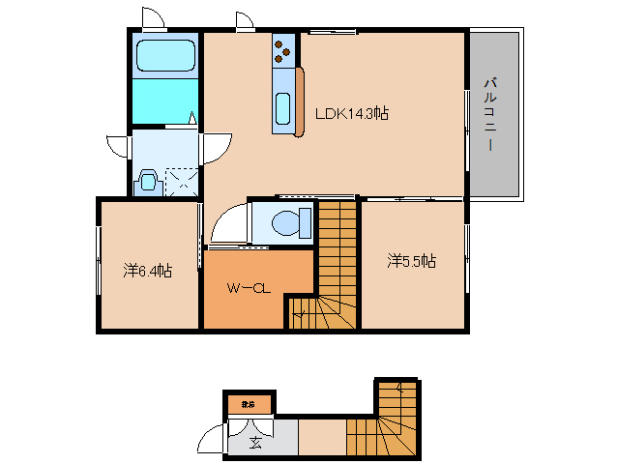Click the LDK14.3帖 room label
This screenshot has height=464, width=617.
[x=352, y=113]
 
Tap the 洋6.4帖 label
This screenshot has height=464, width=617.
[x=148, y=271]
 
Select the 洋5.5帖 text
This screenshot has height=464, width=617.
[x=412, y=261]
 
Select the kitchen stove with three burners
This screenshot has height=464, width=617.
[x=284, y=50]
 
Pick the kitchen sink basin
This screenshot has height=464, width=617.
[x=283, y=108]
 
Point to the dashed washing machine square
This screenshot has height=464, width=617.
[x=181, y=182]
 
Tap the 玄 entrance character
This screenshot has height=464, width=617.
[x=255, y=444]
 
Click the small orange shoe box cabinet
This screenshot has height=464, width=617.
[x=249, y=403]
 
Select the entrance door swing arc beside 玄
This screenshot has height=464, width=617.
[x=211, y=441]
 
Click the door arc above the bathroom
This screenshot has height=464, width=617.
[x=153, y=18]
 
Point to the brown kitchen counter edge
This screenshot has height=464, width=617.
[x=301, y=101]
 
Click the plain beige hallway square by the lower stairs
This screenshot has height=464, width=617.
[x=321, y=436]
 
